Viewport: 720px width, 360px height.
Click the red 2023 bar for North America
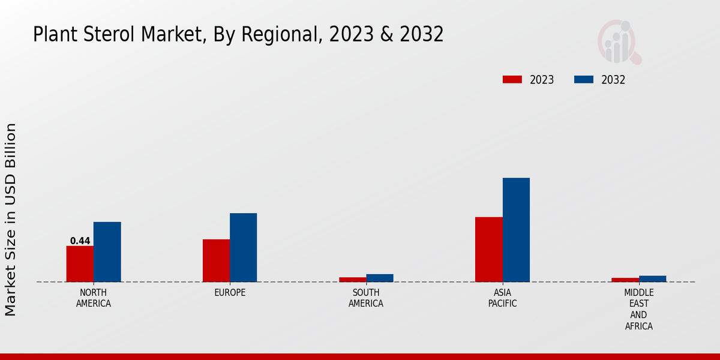[x=80, y=263]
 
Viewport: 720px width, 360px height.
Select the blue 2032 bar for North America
[x=107, y=251]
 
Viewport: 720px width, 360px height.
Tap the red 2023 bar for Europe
[x=216, y=260]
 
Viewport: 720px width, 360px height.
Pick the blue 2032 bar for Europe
[x=243, y=247]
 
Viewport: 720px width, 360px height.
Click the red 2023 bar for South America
[x=352, y=280]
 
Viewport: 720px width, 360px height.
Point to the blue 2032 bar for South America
[x=380, y=278]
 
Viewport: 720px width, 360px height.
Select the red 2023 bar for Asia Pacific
[x=488, y=249]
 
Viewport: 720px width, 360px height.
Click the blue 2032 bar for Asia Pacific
[x=516, y=230]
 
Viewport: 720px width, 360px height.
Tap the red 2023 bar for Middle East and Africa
[x=625, y=280]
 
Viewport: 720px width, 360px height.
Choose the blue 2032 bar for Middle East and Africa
[x=652, y=278]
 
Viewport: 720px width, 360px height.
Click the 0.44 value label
[x=80, y=241]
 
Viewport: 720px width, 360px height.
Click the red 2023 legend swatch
[x=512, y=80]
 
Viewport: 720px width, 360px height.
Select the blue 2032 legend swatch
[x=584, y=80]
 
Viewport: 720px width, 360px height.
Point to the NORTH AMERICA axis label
[x=94, y=298]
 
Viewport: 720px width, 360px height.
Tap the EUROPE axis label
[x=230, y=292]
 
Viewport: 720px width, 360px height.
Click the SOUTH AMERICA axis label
[x=366, y=298]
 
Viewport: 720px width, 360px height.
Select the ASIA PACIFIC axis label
[x=502, y=298]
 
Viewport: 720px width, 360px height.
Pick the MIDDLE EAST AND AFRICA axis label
[x=638, y=309]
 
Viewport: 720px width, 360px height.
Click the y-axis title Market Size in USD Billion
[x=11, y=219]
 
